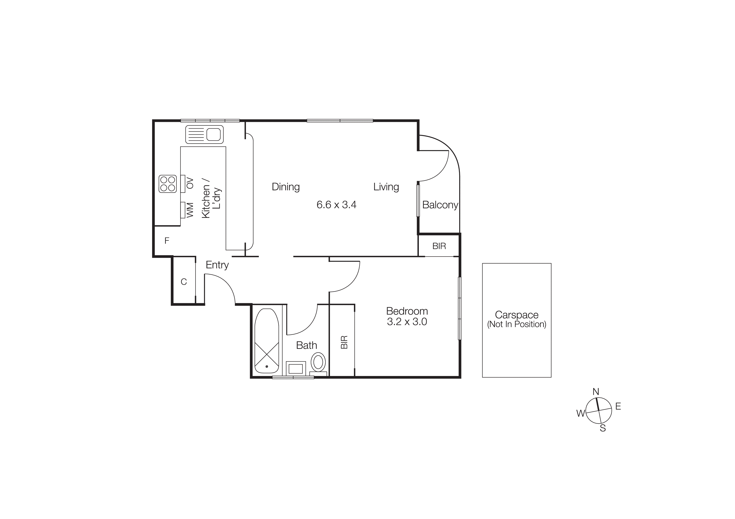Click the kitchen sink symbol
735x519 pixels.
tap(204, 134)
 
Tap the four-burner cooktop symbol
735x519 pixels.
tap(167, 184)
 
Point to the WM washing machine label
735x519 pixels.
tap(190, 210)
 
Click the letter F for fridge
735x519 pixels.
tap(167, 241)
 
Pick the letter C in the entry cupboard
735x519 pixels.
tap(184, 282)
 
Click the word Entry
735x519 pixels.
tap(217, 265)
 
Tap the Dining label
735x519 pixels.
tap(286, 187)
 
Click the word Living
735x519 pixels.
tap(386, 187)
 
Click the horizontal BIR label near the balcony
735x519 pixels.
tap(439, 246)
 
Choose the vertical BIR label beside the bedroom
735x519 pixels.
tap(344, 342)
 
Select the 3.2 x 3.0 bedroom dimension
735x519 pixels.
tap(407, 322)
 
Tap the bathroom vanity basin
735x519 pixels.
tap(295, 368)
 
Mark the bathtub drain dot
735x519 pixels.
tap(267, 366)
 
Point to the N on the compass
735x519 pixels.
tap(596, 392)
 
